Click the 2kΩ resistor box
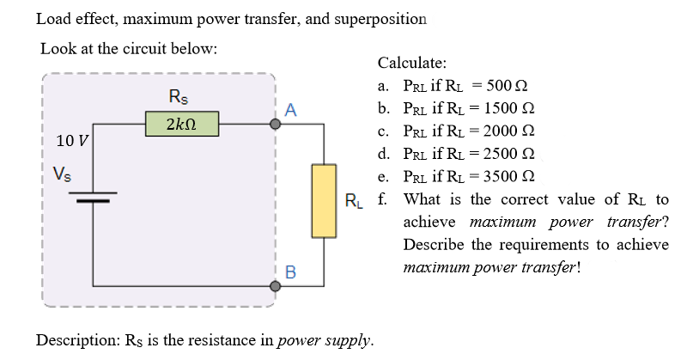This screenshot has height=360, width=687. point(181,124)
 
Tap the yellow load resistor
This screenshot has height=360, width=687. point(323,200)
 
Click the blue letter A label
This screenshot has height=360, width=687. point(291,110)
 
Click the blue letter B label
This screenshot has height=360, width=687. point(290,273)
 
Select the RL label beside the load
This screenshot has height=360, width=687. point(354,203)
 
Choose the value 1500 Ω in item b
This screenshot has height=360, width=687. point(510,109)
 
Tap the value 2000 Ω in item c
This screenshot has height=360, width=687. point(510,131)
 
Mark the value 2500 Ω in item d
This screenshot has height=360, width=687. point(511,154)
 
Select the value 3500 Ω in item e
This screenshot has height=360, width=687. point(510,177)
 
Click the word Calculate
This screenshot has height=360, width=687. point(411,63)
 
